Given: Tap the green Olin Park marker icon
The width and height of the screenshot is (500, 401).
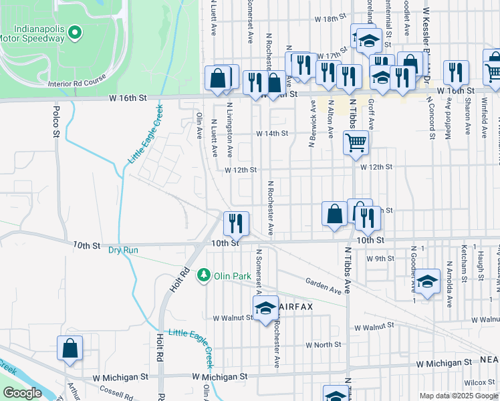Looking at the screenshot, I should (203, 275).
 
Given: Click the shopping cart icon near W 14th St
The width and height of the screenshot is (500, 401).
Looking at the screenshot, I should (356, 142).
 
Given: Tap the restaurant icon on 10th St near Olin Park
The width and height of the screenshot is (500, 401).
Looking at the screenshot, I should (235, 223).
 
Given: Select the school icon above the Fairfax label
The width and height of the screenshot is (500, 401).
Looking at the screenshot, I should (265, 307).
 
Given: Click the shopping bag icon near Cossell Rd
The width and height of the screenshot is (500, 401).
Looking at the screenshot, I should (70, 348).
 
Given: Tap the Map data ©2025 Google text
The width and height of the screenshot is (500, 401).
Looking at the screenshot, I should (458, 396).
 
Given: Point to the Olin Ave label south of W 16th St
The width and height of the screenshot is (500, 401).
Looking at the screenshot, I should (199, 125).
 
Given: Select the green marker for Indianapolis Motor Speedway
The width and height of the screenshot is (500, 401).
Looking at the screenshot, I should (75, 31).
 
